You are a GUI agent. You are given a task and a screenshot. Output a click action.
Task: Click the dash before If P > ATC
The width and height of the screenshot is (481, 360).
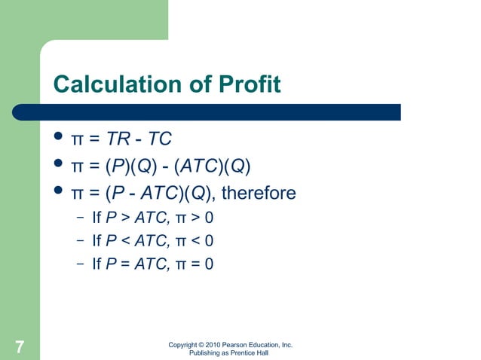pos(79,219)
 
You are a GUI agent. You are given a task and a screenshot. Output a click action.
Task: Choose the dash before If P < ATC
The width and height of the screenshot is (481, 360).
pos(79,242)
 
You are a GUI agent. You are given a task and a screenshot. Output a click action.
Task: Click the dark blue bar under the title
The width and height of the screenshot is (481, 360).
pos(226,111)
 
